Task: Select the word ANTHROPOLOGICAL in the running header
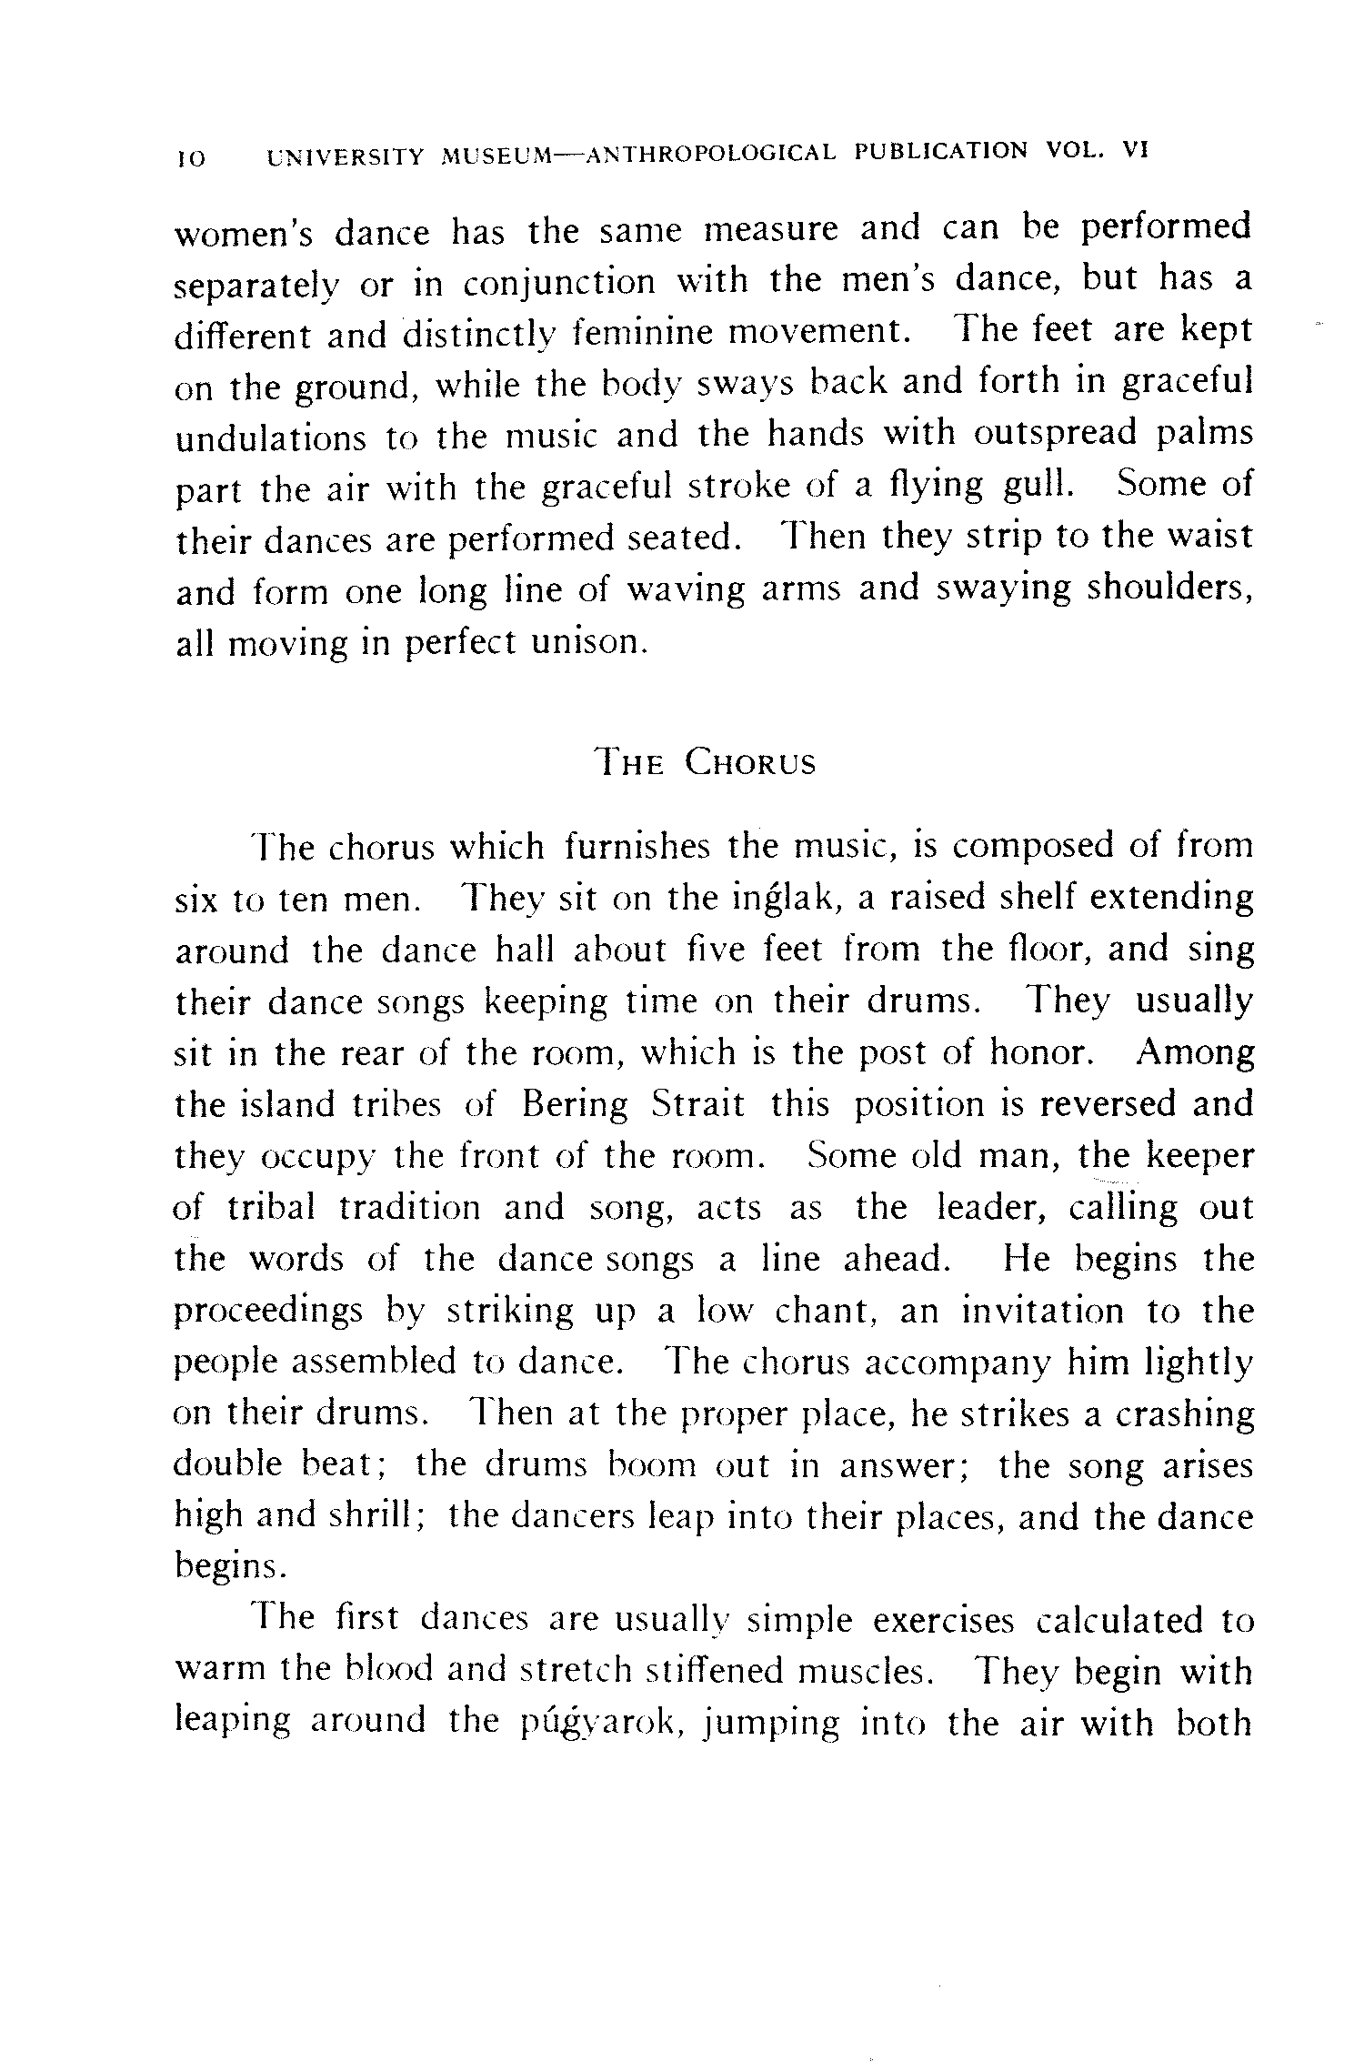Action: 710,154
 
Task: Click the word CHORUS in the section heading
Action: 750,761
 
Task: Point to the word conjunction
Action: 558,284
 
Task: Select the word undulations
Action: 270,438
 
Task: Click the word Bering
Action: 575,1105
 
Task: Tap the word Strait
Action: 698,1105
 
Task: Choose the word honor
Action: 1040,1053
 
